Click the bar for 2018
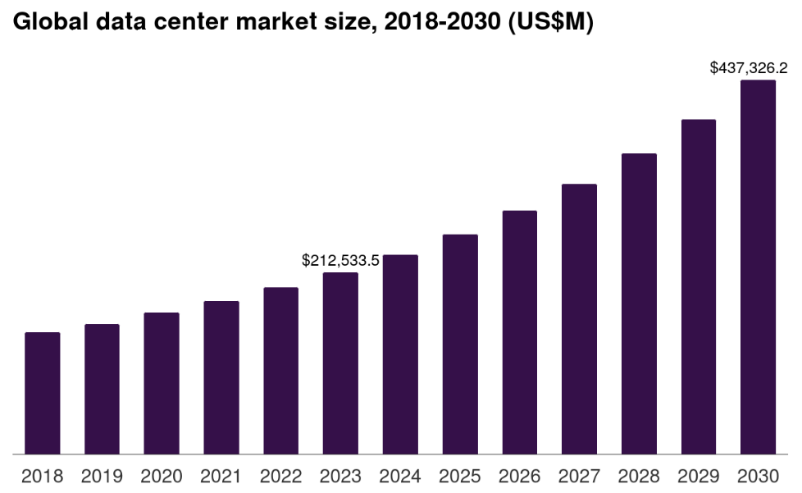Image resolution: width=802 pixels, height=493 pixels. click(x=43, y=393)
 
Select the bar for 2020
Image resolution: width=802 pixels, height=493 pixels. click(x=162, y=383)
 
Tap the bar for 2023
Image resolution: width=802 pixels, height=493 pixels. click(x=340, y=363)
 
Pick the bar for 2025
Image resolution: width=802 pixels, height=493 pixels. click(x=460, y=344)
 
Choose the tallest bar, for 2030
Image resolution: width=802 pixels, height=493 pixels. click(x=758, y=267)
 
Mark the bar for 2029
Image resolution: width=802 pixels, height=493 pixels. click(x=699, y=286)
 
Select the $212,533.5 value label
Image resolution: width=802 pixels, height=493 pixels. click(x=340, y=261)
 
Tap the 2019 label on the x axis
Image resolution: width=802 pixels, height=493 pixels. click(x=102, y=476)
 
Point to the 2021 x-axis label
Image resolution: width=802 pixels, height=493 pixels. click(x=221, y=476)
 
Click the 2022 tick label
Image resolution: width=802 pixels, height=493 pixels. click(x=281, y=476)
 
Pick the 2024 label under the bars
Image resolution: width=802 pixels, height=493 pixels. click(x=400, y=476)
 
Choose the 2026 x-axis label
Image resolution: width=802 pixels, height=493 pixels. click(x=520, y=476)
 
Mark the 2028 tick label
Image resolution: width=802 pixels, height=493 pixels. click(x=639, y=476)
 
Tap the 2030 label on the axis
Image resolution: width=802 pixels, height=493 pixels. click(x=758, y=476)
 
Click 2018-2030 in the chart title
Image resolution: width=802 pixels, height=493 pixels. click(x=444, y=24)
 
